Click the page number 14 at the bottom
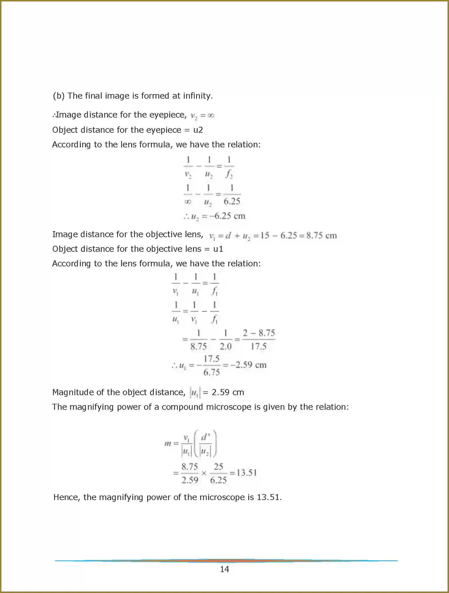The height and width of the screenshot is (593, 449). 224,569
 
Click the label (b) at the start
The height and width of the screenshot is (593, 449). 58,96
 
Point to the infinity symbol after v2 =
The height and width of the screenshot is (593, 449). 211,115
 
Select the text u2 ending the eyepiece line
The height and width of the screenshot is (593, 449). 198,130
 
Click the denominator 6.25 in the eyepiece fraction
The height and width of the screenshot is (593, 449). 232,201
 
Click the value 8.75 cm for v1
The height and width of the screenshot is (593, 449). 321,235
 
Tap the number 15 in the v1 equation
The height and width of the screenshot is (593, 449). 265,235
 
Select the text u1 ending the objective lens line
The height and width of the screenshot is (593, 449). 218,249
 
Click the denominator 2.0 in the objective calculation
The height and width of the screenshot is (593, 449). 225,346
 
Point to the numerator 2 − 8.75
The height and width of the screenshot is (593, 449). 259,333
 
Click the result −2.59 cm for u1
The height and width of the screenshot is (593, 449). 249,365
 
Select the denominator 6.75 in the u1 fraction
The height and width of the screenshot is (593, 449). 212,372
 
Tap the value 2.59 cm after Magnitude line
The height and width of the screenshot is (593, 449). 228,392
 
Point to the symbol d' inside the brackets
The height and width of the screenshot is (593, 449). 205,437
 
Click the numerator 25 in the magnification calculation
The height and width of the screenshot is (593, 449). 218,467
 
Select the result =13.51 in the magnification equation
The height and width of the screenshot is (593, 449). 243,473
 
